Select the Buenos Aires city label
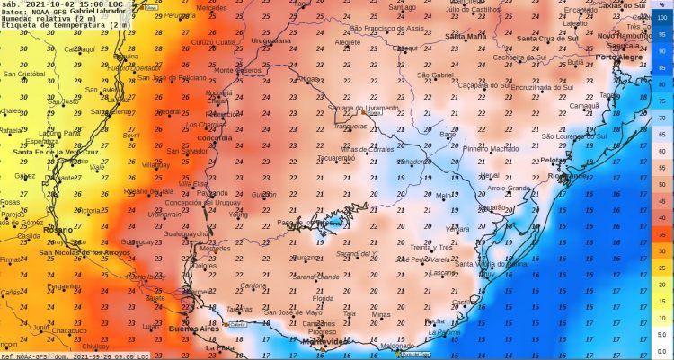pyautogui.click(x=193, y=330)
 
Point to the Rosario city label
pyautogui.click(x=57, y=230)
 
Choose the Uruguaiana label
pyautogui.click(x=270, y=40)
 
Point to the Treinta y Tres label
pyautogui.click(x=430, y=247)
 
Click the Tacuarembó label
pyautogui.click(x=336, y=157)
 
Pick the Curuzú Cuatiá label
pyautogui.click(x=214, y=42)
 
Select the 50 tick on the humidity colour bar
pyautogui.click(x=661, y=184)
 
